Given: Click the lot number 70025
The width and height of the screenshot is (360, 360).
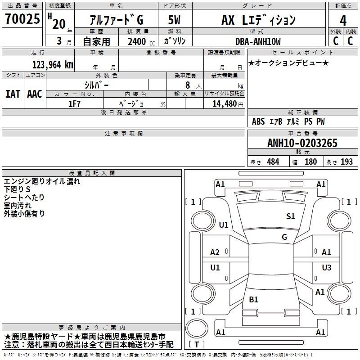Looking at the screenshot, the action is click(x=22, y=20).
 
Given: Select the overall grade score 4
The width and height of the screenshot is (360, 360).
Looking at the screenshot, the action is click(x=343, y=21).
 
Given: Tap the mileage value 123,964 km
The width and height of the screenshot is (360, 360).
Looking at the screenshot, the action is click(x=53, y=65).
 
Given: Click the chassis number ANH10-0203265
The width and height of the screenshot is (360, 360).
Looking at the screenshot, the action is click(x=302, y=144).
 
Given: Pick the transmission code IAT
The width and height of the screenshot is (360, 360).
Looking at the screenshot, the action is click(x=13, y=94).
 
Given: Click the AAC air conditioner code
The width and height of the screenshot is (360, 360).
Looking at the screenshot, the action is click(x=35, y=94).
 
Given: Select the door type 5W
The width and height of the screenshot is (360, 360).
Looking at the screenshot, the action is click(x=174, y=20).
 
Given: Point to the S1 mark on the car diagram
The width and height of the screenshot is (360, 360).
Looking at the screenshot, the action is click(x=290, y=216).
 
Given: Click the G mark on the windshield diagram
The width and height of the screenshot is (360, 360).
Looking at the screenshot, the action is click(x=284, y=237).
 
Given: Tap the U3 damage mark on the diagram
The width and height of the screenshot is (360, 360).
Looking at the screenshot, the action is click(x=326, y=268).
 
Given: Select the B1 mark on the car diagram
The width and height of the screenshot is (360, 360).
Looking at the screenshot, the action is click(x=253, y=299).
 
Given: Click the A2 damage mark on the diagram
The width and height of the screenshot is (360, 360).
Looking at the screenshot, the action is click(x=215, y=252).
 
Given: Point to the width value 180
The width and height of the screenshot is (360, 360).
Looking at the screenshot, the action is click(x=310, y=162).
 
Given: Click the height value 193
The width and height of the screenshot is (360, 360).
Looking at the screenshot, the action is click(x=346, y=162).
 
